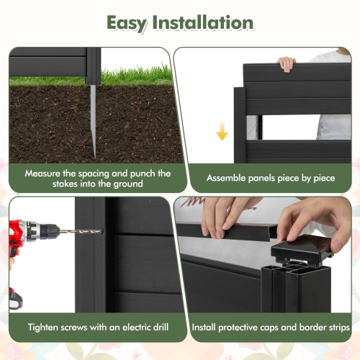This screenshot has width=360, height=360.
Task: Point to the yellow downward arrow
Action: pyautogui.click(x=222, y=130)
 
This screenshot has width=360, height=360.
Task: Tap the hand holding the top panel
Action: pyautogui.click(x=287, y=63)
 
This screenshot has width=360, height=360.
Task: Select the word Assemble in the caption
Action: pyautogui.click(x=229, y=178)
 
